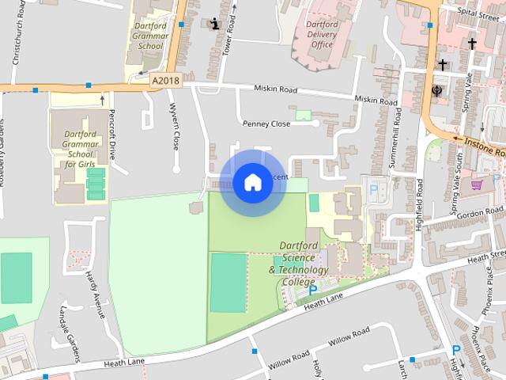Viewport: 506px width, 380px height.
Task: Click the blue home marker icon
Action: [252, 182]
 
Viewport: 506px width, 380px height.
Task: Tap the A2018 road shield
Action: [164, 81]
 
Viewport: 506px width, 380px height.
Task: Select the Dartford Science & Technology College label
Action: [298, 264]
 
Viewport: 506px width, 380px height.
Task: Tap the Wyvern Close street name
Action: [175, 130]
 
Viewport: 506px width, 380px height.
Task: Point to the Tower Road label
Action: [231, 32]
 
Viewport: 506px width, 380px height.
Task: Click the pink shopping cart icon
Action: [477, 185]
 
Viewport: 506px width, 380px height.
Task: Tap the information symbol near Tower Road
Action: [215, 23]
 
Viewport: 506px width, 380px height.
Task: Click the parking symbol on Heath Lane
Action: [312, 291]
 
